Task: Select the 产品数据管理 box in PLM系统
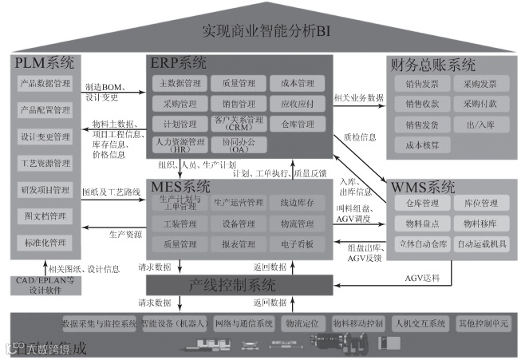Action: (45, 82)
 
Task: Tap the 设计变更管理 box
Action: (45, 136)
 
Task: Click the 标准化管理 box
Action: (45, 242)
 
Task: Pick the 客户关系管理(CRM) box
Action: (237, 125)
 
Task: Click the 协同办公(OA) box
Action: (237, 145)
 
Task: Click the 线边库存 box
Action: (297, 203)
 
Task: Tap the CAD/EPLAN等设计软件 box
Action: (45, 285)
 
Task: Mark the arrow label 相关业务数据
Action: (358, 98)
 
